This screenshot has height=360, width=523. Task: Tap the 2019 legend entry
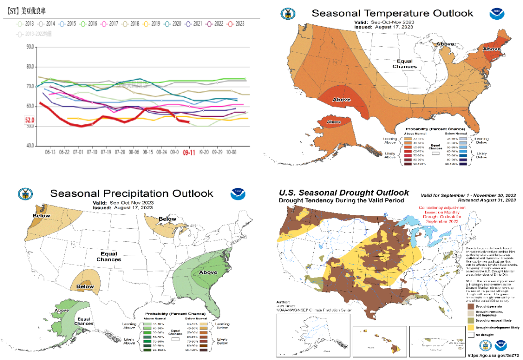(x=152, y=23)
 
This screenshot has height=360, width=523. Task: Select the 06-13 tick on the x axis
(x=50, y=152)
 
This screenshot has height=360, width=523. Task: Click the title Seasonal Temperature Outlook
(x=392, y=13)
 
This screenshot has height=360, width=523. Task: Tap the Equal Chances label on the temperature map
(x=404, y=63)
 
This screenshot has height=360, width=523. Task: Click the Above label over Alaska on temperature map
(x=334, y=121)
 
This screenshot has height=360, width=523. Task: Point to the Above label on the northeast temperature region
(x=492, y=49)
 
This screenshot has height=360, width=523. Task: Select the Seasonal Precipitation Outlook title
(x=131, y=194)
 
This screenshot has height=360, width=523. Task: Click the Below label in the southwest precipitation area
(x=85, y=286)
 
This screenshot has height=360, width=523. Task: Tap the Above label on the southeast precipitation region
(x=208, y=272)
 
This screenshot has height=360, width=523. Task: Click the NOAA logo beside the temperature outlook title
(x=496, y=13)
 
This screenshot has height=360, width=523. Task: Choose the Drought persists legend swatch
(x=470, y=306)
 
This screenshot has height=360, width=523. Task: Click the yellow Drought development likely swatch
(x=470, y=327)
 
